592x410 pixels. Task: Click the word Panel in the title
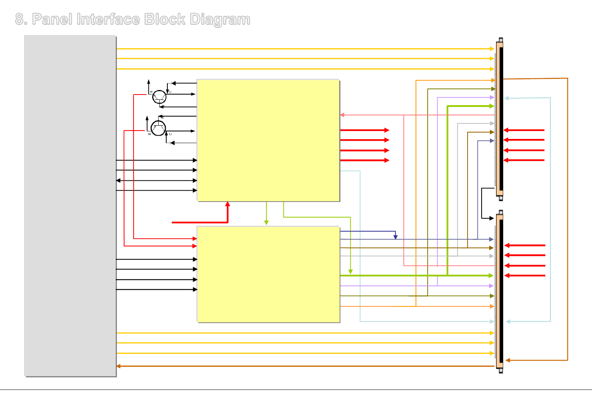click(52, 19)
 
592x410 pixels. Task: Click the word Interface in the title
click(108, 19)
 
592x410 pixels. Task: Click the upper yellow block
click(268, 140)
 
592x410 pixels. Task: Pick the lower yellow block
click(268, 274)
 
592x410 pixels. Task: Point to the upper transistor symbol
click(159, 97)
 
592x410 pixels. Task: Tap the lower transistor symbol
click(158, 128)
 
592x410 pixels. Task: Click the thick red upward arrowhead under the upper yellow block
click(228, 204)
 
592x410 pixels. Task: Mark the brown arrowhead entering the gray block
click(118, 366)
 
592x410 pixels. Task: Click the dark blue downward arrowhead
click(395, 237)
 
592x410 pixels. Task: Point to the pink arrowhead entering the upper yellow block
click(342, 115)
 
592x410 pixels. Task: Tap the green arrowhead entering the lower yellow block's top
click(266, 223)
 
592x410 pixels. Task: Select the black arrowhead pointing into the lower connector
click(492, 218)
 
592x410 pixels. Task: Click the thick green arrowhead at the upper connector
click(492, 106)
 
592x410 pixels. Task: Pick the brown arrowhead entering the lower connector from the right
click(508, 360)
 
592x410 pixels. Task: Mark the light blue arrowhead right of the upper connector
click(507, 98)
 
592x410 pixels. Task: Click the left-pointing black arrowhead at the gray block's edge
click(118, 180)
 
